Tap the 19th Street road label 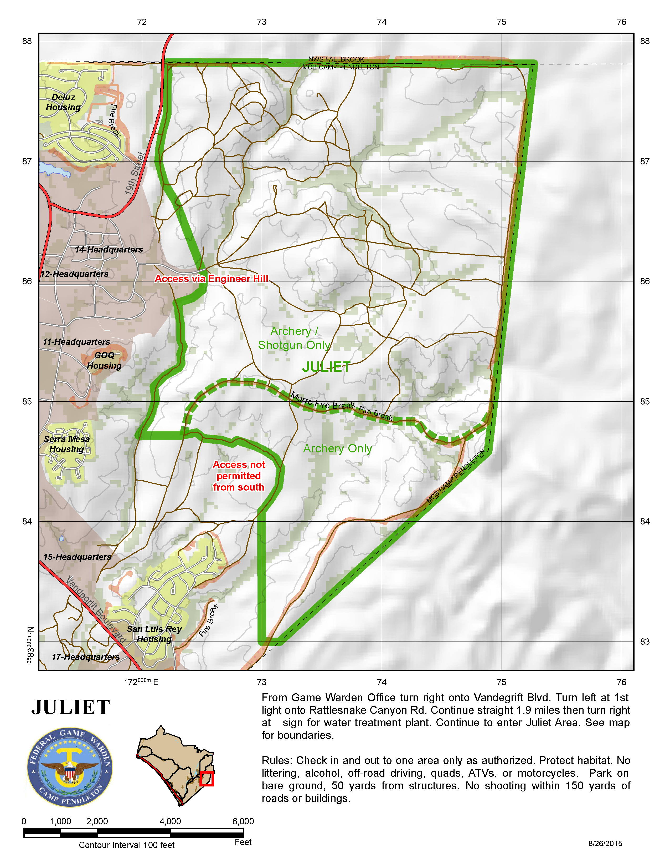[135, 174]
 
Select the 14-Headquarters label [109, 250]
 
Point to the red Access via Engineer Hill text [211, 279]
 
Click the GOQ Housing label [104, 360]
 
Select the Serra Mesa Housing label [67, 444]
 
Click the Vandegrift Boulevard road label [96, 610]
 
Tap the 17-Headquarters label [86, 657]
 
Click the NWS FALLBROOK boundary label [336, 59]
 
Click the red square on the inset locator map [207, 779]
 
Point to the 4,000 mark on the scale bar [170, 821]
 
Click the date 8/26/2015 [605, 843]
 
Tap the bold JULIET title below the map [71, 708]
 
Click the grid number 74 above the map [382, 22]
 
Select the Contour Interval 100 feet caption [127, 845]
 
